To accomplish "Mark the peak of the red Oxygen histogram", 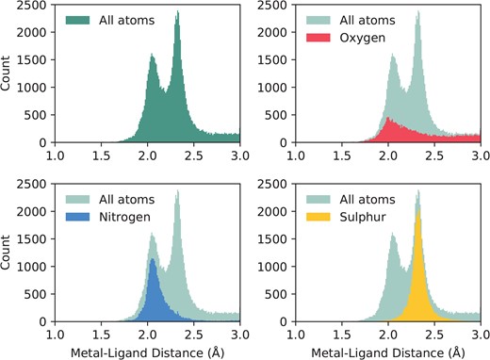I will pos(386,119).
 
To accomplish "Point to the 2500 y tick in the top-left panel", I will pos(35,8).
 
